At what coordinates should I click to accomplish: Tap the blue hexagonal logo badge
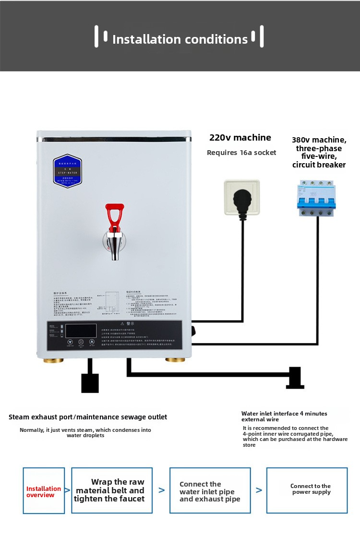click(x=68, y=171)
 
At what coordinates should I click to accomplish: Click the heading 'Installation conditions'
click(x=180, y=39)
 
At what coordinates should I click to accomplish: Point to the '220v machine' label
click(x=240, y=138)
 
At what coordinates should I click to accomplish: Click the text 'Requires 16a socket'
click(x=241, y=153)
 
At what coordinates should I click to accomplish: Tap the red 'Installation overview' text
click(x=44, y=492)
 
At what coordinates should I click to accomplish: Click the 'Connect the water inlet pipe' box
click(x=210, y=491)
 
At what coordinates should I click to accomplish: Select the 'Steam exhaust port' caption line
click(x=88, y=417)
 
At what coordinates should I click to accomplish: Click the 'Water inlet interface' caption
click(x=284, y=416)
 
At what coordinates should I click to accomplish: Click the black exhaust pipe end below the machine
click(x=90, y=382)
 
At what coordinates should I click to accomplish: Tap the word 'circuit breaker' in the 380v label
click(x=319, y=165)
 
